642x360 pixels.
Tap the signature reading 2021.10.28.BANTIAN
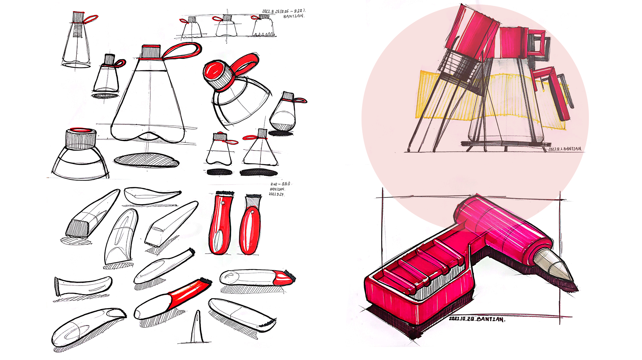477,319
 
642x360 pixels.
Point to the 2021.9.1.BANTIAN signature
564,149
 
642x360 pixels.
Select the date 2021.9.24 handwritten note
277,194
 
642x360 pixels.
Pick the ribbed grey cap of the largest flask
151,52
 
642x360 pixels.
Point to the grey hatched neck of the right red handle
252,203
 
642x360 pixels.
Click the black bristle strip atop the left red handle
225,193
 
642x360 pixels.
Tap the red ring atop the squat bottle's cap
81,130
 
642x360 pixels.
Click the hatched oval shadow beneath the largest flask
146,160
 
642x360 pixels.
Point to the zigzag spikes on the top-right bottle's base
264,34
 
